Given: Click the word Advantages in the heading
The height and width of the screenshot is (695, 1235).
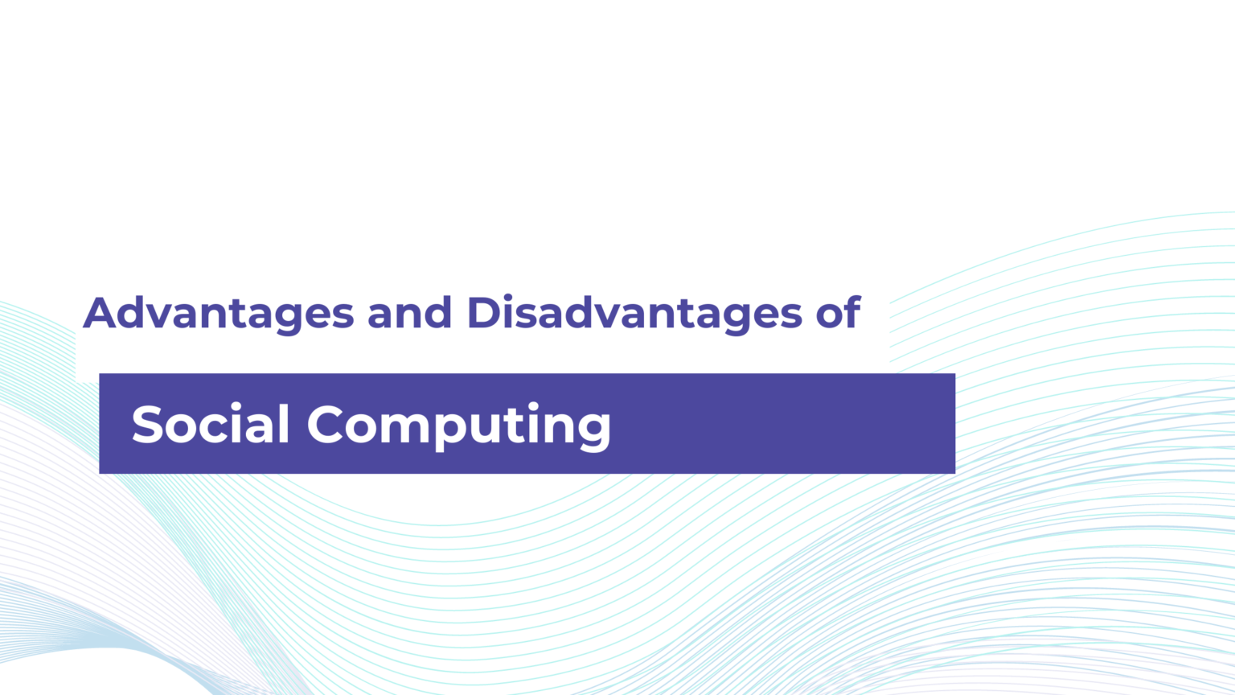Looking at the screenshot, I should pos(218,314).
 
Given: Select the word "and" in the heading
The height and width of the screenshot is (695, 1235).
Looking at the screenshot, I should pos(409,314).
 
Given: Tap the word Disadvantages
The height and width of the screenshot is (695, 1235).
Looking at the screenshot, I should pos(634,314).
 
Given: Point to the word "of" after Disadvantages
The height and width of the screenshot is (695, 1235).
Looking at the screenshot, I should pos(839,314).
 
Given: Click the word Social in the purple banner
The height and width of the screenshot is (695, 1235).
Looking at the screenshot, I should pos(210,425).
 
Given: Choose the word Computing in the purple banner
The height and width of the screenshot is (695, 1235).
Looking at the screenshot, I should pos(458,425).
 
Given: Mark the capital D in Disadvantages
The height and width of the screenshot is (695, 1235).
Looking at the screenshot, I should pos(485,314).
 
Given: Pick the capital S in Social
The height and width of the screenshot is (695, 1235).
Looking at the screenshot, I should pos(150,425).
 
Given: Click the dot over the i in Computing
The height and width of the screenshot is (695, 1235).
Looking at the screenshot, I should pos(534,405).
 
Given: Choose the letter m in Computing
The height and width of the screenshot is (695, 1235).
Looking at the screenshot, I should pos(400,428).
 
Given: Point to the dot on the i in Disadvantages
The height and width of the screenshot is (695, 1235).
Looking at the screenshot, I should pos(519,298).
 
